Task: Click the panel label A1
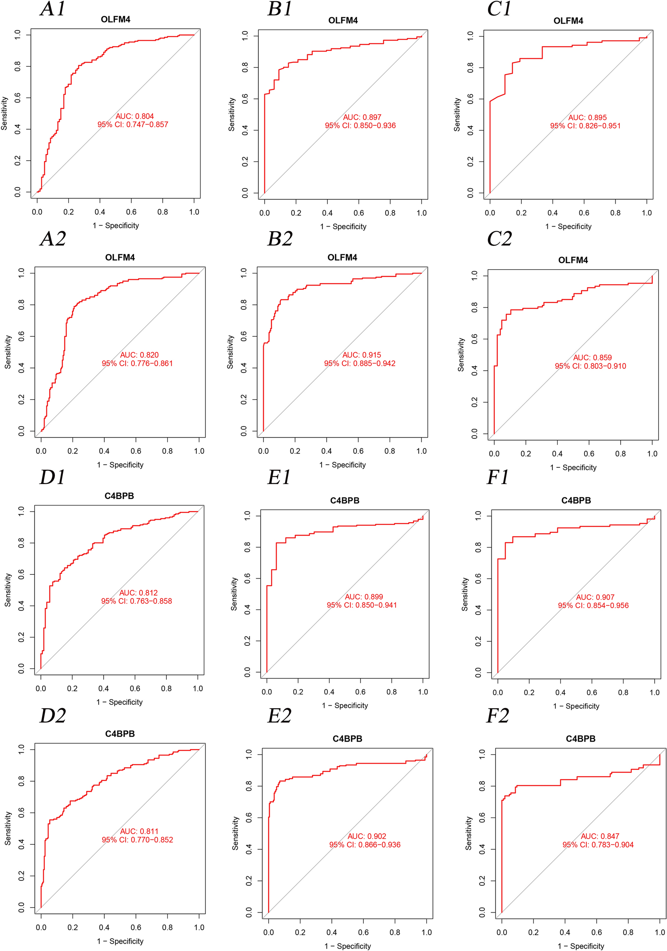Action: pos(53,9)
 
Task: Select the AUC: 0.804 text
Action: pos(135,117)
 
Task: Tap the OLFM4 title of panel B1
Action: pos(343,20)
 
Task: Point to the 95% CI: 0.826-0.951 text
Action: pos(585,126)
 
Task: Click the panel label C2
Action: pos(499,239)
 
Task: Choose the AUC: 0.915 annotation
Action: pos(361,355)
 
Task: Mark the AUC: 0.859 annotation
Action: pos(592,357)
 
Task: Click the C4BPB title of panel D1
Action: pos(119,496)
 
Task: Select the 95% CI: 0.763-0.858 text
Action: pos(136,601)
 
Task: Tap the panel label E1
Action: pos(279,477)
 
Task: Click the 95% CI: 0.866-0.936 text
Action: pos(365,844)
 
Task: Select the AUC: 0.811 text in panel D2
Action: pos(139,831)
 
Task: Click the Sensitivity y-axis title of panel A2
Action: pos(8,352)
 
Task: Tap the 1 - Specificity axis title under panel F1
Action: pos(576,706)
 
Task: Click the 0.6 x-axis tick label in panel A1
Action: pos(131,212)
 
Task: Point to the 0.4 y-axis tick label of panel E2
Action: pos(249,849)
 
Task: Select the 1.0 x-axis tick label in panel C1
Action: pos(646,213)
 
